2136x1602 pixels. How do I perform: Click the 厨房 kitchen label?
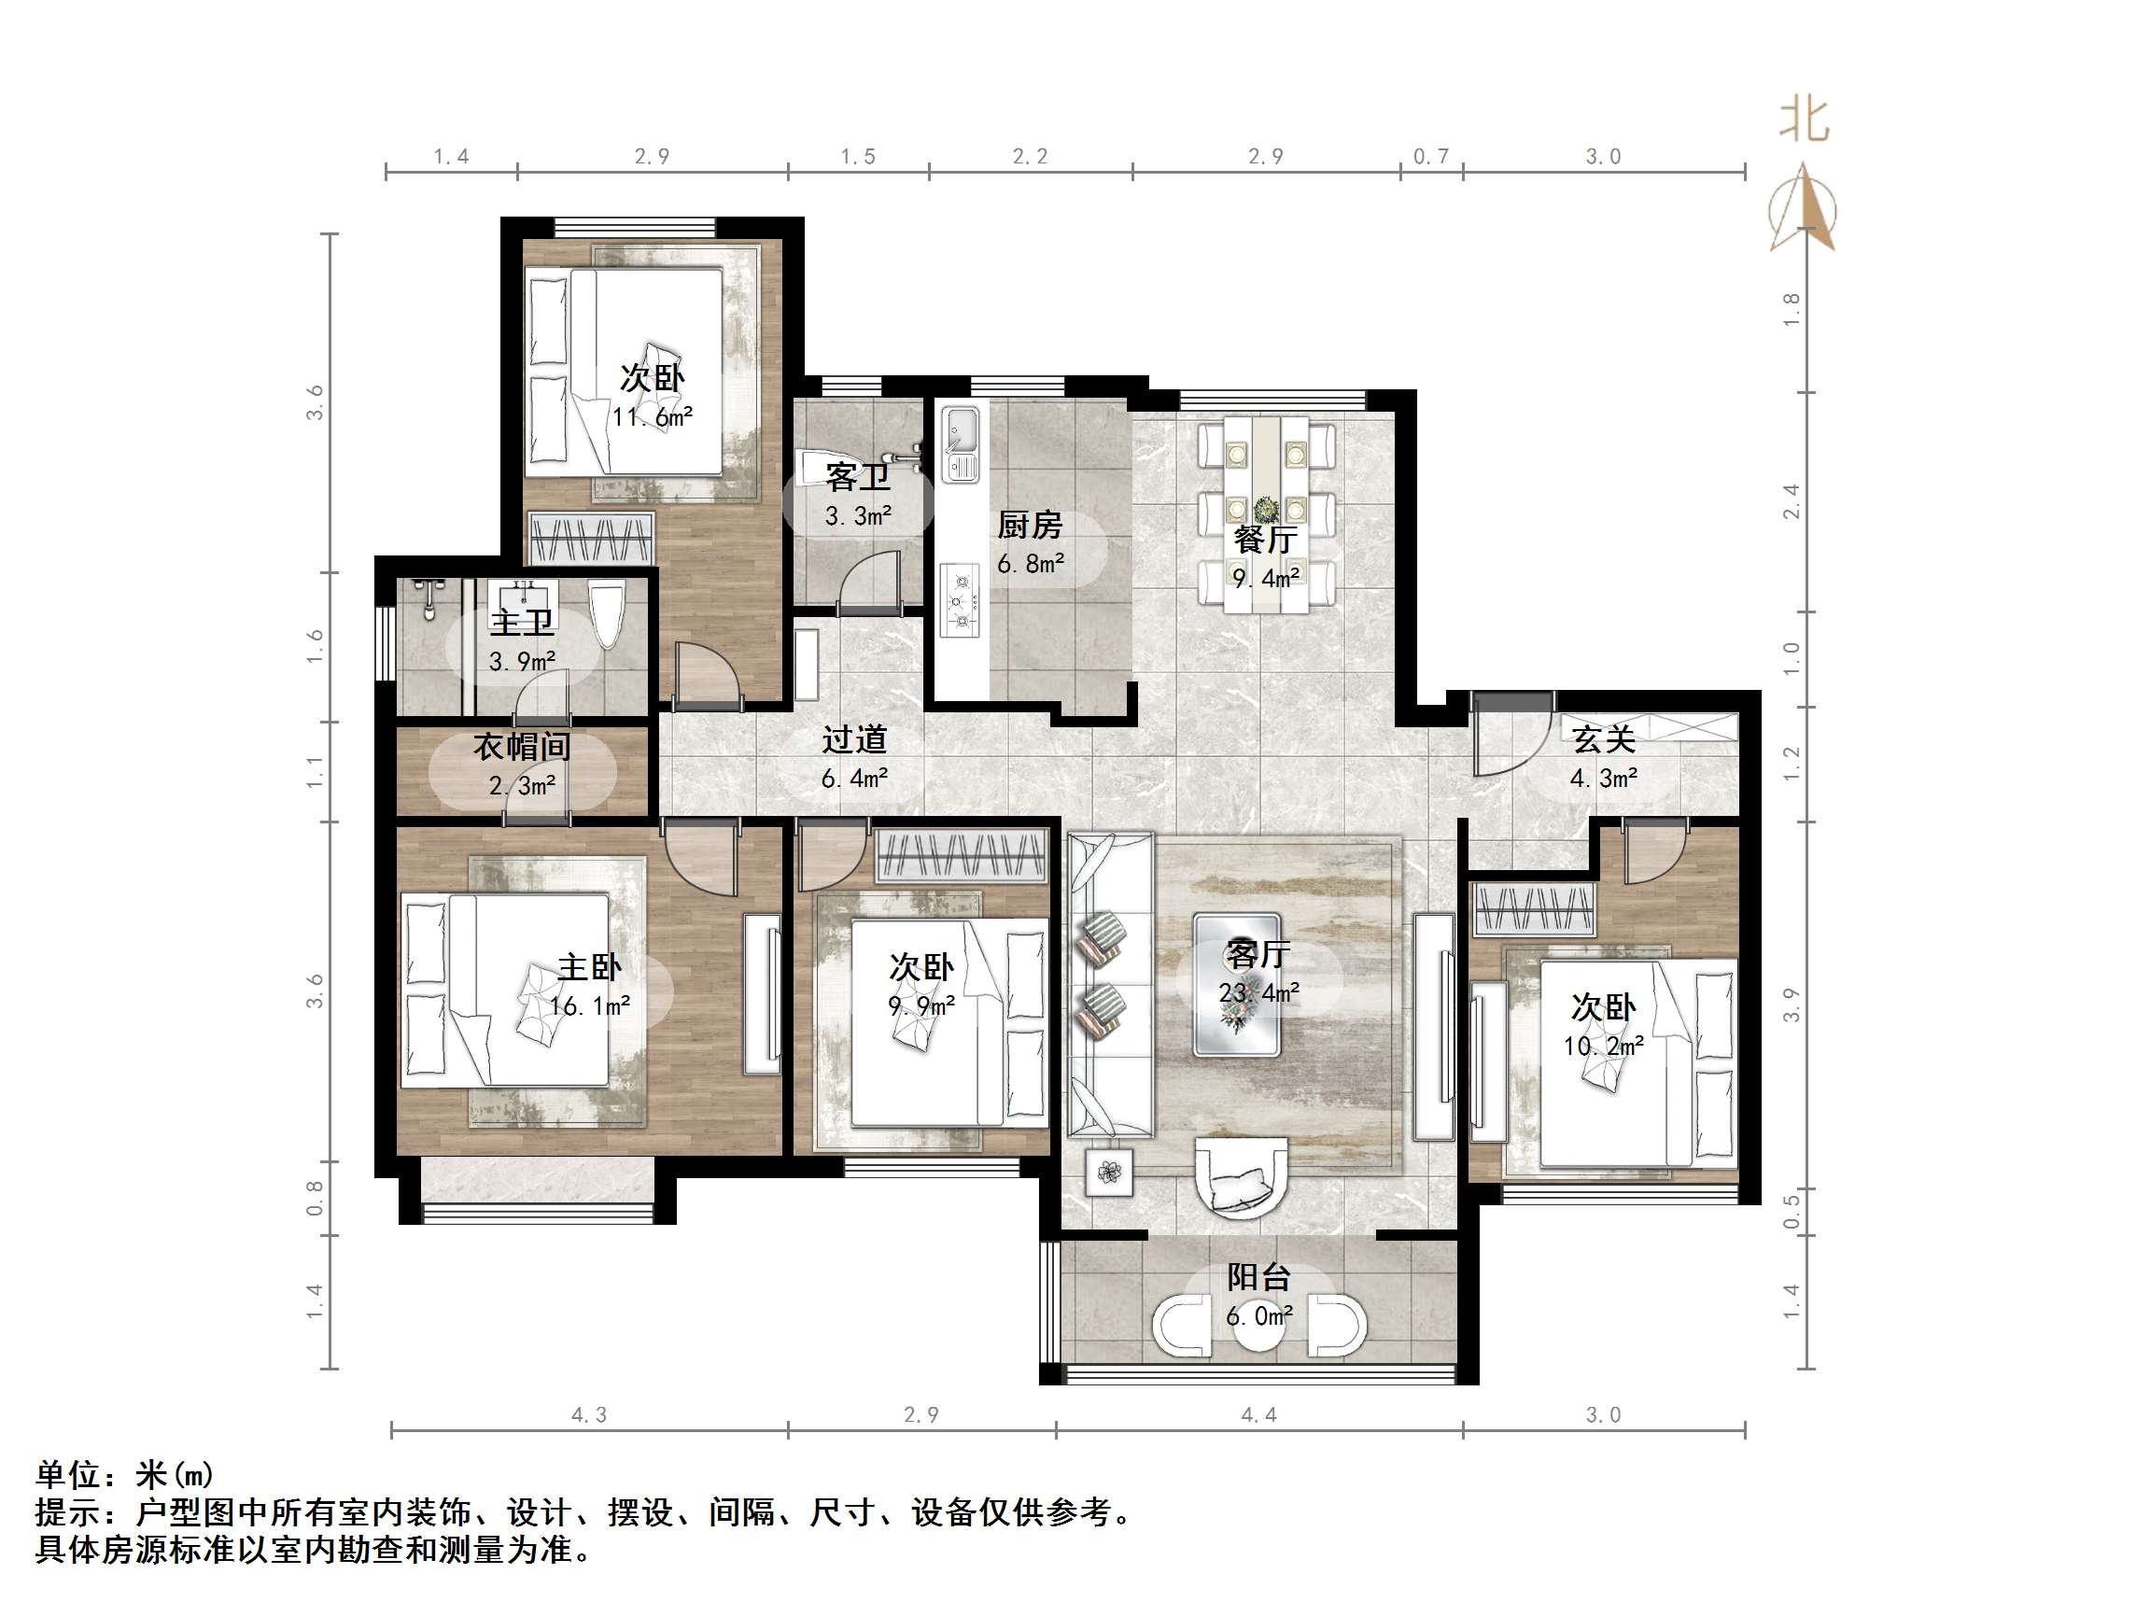[x=1030, y=527]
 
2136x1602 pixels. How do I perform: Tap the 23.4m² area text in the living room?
[x=1258, y=992]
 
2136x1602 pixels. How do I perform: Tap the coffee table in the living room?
[x=1237, y=985]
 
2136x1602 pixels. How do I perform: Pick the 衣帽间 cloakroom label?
[x=522, y=747]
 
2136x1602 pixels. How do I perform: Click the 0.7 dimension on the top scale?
[x=1430, y=157]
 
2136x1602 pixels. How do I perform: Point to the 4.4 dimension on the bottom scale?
[x=1258, y=1415]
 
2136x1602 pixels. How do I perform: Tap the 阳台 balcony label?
[x=1258, y=1277]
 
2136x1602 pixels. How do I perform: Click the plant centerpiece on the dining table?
[x=1266, y=510]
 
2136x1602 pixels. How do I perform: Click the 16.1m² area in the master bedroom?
[x=589, y=1007]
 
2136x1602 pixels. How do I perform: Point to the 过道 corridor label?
[x=854, y=739]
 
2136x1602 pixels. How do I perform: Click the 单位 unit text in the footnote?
[x=68, y=1474]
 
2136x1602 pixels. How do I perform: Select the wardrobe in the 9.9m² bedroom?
[x=962, y=855]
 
